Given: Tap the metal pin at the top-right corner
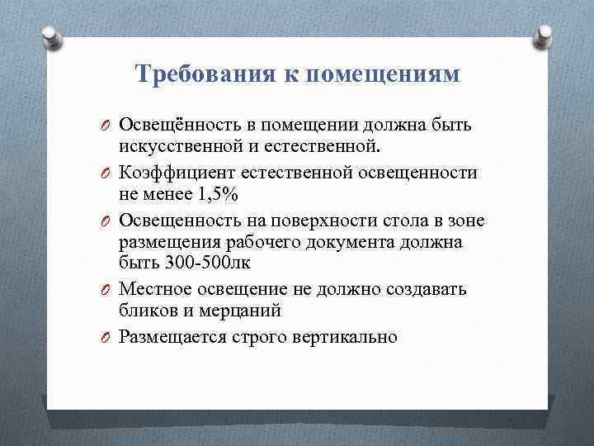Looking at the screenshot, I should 544,34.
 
